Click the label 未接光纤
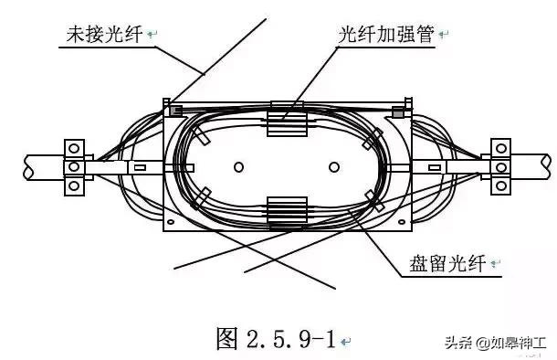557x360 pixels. pos(104,36)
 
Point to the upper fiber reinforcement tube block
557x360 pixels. pos(283,124)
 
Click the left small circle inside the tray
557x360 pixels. pos(238,167)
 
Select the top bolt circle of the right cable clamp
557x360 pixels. pos(499,147)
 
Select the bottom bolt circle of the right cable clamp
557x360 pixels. pos(499,186)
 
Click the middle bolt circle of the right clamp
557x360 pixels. pos(499,167)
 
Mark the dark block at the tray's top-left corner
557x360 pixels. pos(176,111)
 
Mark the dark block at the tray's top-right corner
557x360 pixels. pos(396,111)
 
